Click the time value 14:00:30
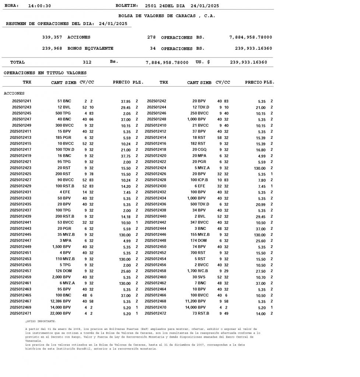tap(39, 6)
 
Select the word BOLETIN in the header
tap(127, 6)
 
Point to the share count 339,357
tap(52, 37)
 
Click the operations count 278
tap(151, 37)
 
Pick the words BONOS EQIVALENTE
tap(90, 48)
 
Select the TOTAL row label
tap(17, 62)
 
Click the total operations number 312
tap(87, 62)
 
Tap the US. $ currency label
tap(203, 62)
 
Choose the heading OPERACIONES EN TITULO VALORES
tap(45, 73)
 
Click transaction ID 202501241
tap(22, 101)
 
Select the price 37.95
tap(126, 101)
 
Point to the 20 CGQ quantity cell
tap(199, 149)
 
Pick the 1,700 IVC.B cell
tap(198, 271)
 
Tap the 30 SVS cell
tap(199, 277)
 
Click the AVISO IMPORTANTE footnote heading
tap(41, 321)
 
